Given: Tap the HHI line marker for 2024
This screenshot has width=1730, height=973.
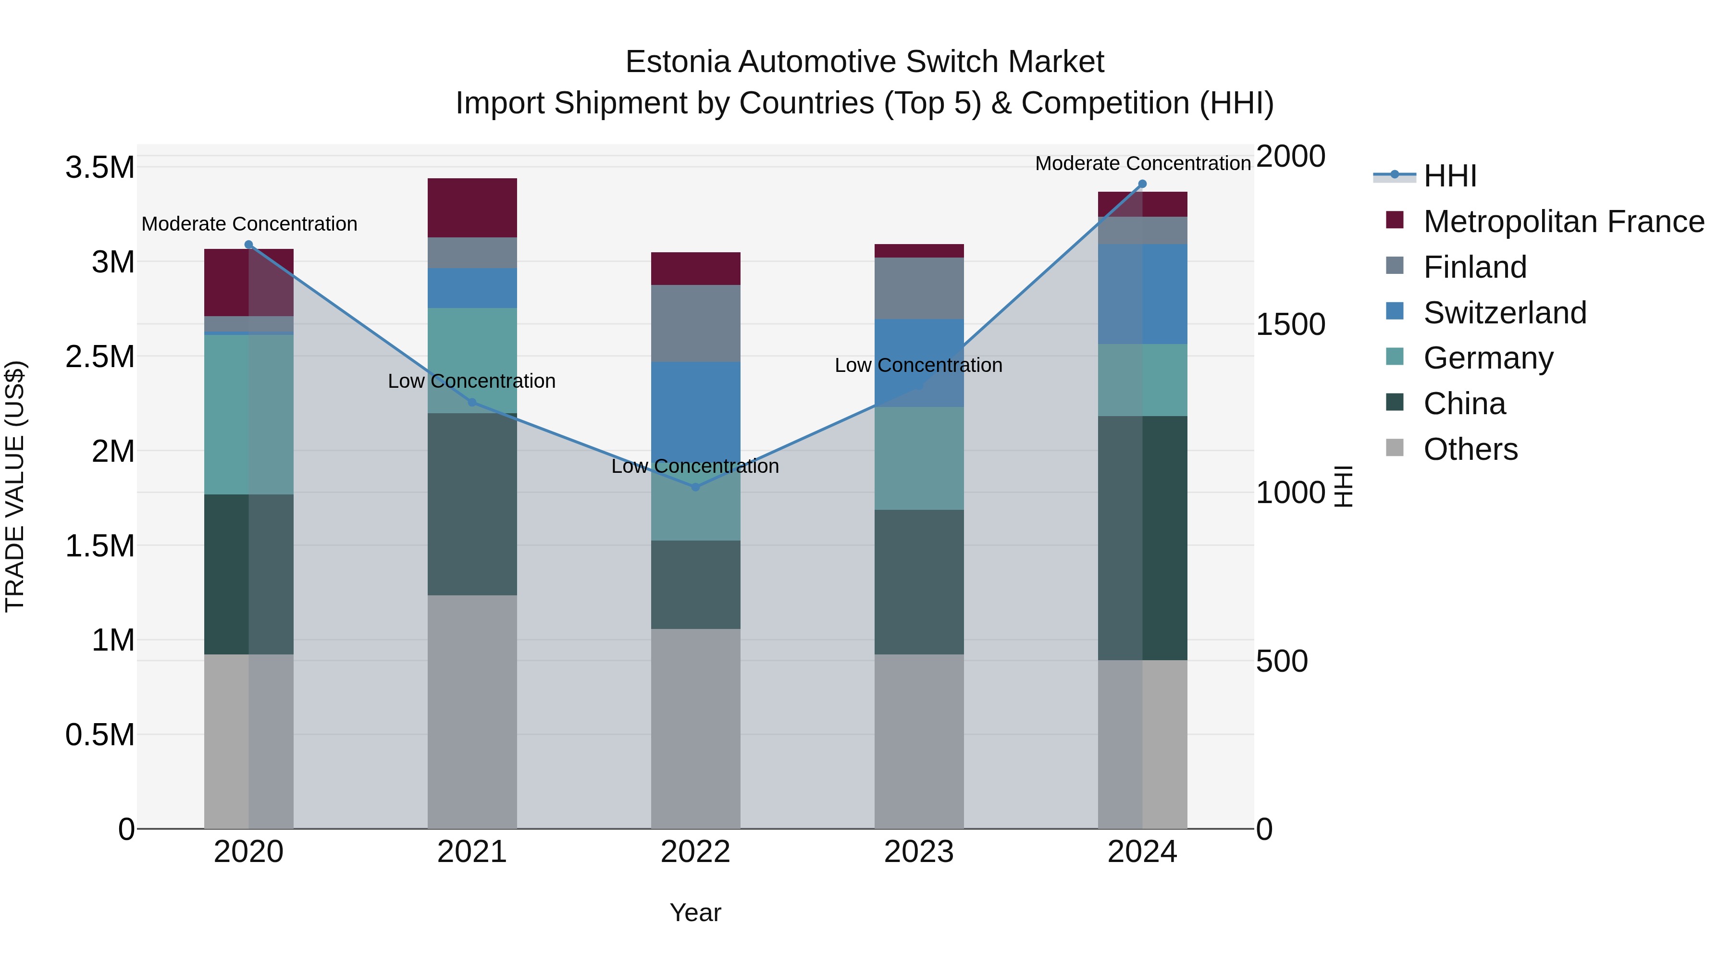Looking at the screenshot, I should [1142, 184].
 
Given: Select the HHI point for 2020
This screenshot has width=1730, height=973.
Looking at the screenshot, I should [248, 245].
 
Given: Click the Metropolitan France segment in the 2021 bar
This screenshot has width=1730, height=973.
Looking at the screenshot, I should [472, 208].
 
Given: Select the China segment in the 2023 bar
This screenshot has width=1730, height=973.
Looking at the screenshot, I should [919, 581].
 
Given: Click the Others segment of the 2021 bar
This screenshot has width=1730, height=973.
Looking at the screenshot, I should [472, 712].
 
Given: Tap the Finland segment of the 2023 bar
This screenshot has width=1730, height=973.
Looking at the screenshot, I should [919, 288].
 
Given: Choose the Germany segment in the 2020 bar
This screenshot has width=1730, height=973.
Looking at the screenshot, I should [248, 414].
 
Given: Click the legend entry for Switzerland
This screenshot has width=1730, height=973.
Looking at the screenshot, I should [1504, 313].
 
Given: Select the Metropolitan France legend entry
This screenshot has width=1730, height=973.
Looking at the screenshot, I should [1563, 222].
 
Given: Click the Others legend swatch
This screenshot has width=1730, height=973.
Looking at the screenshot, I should [1395, 448].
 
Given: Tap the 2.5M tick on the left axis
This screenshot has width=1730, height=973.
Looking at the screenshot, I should [99, 357].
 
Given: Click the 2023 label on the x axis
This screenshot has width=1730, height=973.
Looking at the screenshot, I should [919, 852].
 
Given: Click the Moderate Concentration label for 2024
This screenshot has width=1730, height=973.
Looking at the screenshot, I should [1142, 163].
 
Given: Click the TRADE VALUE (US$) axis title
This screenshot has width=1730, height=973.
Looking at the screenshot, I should [15, 486].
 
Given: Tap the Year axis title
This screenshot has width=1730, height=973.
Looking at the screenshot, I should [695, 912].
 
